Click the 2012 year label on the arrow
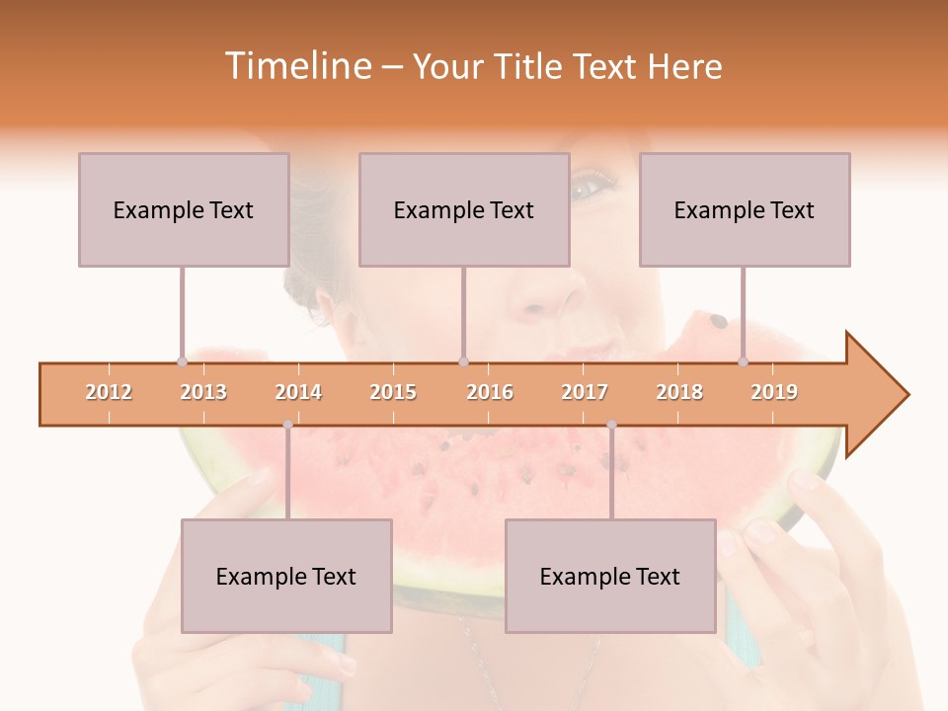click(109, 392)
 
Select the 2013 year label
click(203, 392)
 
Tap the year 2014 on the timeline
click(298, 392)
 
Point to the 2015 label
click(393, 392)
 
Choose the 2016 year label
click(490, 392)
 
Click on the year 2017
click(585, 392)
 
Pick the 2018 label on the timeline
click(679, 392)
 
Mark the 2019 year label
click(774, 392)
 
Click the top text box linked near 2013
click(184, 209)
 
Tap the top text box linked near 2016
click(464, 209)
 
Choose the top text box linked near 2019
click(745, 209)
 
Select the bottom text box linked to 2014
click(286, 576)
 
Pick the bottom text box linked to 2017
click(610, 576)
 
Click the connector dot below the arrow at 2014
click(287, 425)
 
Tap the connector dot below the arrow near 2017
click(611, 425)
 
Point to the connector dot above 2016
click(463, 361)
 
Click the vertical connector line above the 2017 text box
click(611, 474)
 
